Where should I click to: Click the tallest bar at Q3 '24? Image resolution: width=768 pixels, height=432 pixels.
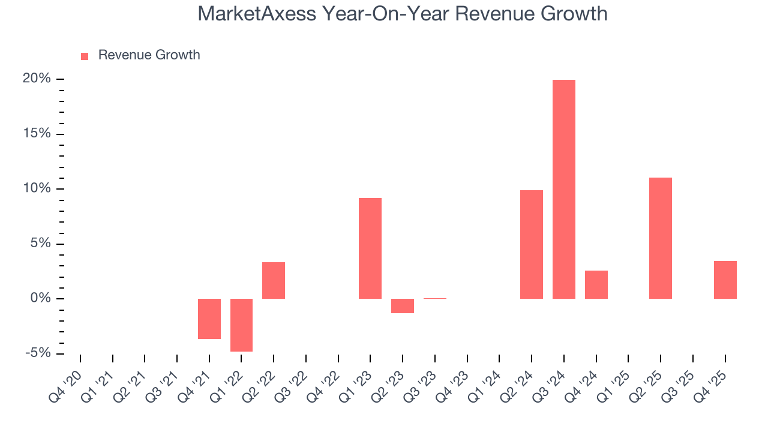pyautogui.click(x=563, y=189)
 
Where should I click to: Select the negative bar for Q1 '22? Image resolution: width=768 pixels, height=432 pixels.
pyautogui.click(x=241, y=325)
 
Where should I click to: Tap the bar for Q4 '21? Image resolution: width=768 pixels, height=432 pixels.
pyautogui.click(x=209, y=319)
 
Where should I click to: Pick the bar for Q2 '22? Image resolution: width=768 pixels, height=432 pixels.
pyautogui.click(x=274, y=280)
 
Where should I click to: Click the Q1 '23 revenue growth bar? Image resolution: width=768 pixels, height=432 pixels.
pyautogui.click(x=370, y=248)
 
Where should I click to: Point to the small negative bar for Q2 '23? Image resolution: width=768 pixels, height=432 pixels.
pyautogui.click(x=403, y=305)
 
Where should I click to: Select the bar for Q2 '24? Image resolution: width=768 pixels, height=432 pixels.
pyautogui.click(x=532, y=244)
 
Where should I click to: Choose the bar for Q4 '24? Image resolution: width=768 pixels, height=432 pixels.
pyautogui.click(x=596, y=284)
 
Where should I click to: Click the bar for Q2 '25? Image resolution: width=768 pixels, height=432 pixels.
pyautogui.click(x=661, y=238)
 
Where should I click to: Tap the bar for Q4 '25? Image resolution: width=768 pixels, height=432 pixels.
pyautogui.click(x=725, y=280)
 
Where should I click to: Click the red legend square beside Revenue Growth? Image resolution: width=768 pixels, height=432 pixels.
pyautogui.click(x=85, y=56)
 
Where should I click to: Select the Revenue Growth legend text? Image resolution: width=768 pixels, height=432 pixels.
pyautogui.click(x=149, y=55)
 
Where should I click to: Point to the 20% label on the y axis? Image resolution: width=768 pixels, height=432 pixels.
pyautogui.click(x=37, y=79)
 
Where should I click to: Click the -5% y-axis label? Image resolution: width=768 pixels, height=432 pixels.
pyautogui.click(x=37, y=353)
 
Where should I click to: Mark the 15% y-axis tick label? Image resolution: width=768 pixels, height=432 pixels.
pyautogui.click(x=37, y=134)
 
